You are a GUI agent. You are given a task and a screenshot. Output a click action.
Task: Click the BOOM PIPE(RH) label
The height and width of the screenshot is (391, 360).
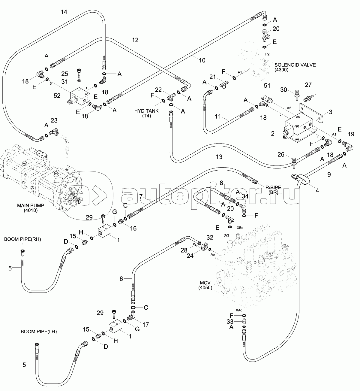pos(22,239)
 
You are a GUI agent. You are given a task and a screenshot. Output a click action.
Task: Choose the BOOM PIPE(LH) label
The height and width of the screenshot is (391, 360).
pos(39,332)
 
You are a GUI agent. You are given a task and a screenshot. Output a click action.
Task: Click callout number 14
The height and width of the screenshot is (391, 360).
pos(64,12)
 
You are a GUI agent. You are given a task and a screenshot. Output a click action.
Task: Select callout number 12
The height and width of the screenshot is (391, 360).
pos(135,40)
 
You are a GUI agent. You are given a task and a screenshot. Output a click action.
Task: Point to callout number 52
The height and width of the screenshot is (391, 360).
pos(57,96)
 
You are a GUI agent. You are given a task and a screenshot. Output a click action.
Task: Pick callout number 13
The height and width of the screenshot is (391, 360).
pos(219,156)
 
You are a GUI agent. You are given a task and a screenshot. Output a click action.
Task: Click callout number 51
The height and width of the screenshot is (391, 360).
pos(267,86)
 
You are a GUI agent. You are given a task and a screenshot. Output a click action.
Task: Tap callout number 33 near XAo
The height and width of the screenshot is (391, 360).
pos(230,321)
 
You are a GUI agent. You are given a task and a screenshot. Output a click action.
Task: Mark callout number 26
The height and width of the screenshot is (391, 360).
pos(281,155)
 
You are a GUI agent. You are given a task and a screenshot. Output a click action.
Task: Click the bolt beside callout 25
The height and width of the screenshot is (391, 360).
pos(79,73)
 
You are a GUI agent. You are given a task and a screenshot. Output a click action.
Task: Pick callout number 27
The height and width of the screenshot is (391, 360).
pos(308,85)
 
